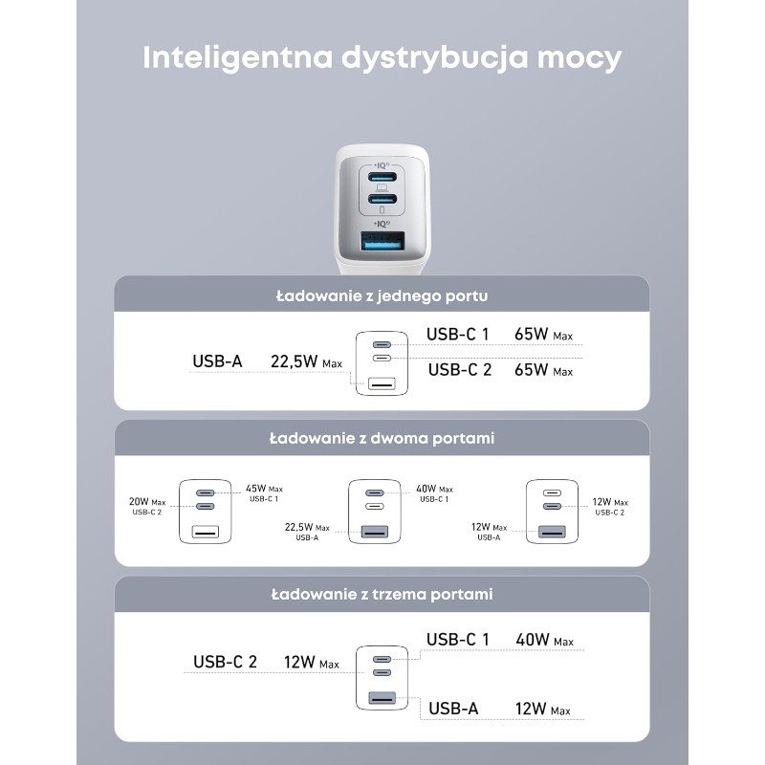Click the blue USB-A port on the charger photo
(x=382, y=243)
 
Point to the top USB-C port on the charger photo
(x=382, y=178)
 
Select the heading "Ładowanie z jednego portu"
(x=382, y=295)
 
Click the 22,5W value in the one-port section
(x=295, y=361)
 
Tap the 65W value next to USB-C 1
(x=531, y=335)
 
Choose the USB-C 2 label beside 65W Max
(x=459, y=370)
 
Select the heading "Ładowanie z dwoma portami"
(x=382, y=439)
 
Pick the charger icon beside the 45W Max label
(x=206, y=512)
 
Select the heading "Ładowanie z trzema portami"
(x=382, y=594)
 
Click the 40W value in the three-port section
(x=532, y=640)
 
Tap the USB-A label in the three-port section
(x=453, y=709)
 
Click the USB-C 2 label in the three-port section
(x=225, y=662)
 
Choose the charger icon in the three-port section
(x=381, y=677)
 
